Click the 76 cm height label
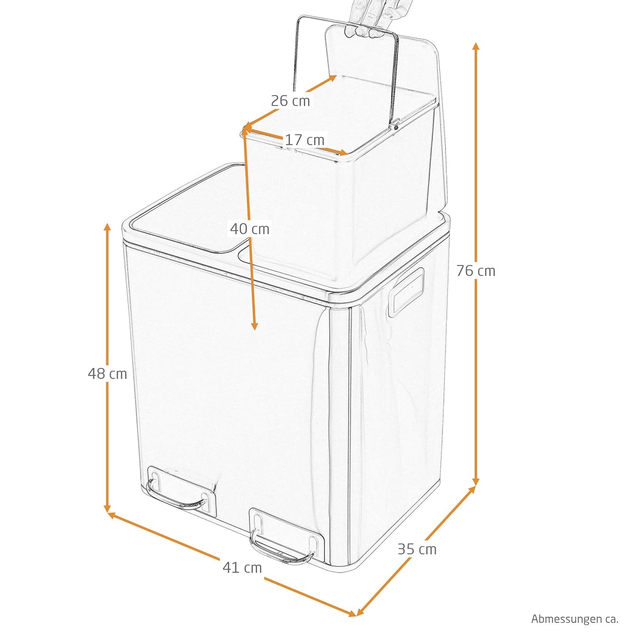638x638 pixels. click(476, 271)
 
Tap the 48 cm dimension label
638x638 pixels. click(107, 374)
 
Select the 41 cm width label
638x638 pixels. click(242, 567)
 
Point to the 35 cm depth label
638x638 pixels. click(417, 549)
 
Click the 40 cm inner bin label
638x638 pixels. click(249, 229)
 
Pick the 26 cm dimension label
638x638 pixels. click(291, 101)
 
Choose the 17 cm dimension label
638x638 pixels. click(305, 140)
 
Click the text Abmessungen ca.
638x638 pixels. click(575, 619)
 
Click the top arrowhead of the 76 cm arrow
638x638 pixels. click(476, 46)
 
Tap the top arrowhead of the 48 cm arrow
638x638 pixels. click(107, 227)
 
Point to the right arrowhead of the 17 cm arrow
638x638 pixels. click(342, 153)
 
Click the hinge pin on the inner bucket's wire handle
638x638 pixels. click(395, 126)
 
